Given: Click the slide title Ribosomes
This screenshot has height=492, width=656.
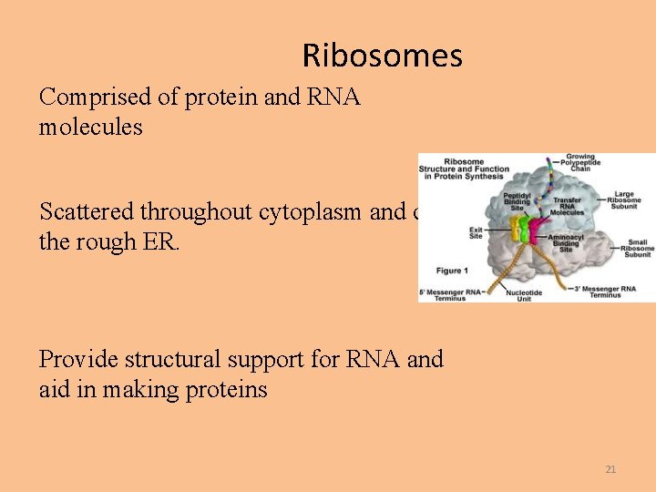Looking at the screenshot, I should [383, 56].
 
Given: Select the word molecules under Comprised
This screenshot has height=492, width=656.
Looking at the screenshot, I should [90, 128].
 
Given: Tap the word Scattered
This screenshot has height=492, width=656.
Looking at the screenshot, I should [87, 211].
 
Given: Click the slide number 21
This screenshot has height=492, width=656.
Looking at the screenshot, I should [610, 469].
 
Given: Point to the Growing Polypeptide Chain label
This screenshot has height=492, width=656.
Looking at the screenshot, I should [579, 162].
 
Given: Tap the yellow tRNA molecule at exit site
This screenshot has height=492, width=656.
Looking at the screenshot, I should [514, 228].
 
